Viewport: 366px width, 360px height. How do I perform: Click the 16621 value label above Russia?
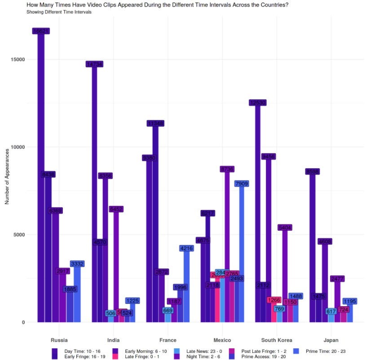(40, 31)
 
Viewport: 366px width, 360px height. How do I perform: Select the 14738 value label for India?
(94, 64)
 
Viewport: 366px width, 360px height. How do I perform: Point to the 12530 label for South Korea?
(257, 103)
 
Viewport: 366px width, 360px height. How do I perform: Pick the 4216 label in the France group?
(186, 248)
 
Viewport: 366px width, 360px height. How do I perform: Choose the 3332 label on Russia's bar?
(77, 263)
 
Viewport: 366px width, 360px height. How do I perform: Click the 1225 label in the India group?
(132, 301)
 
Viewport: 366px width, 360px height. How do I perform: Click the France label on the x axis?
(168, 340)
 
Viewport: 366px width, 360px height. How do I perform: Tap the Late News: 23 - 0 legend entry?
(202, 351)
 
